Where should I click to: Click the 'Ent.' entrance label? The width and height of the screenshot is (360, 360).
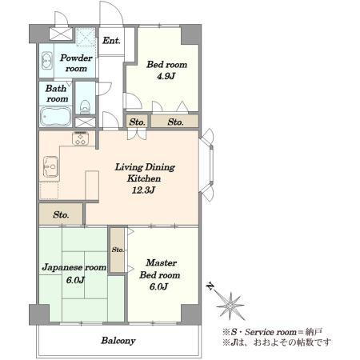[111, 41]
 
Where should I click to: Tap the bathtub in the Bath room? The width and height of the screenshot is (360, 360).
[56, 117]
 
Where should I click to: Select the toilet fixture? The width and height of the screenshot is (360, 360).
[85, 106]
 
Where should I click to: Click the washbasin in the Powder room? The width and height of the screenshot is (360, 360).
[47, 61]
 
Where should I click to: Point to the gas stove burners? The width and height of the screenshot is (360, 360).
[81, 138]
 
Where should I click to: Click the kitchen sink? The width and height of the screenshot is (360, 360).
[50, 166]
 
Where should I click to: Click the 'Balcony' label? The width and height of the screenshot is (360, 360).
[118, 341]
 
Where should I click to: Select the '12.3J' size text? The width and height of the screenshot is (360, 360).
[143, 190]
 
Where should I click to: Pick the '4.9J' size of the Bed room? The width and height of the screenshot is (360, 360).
[166, 76]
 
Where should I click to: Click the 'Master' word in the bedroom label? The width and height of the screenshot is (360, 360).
[161, 262]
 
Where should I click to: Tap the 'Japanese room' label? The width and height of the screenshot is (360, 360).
[74, 267]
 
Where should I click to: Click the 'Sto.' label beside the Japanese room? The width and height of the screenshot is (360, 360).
[118, 250]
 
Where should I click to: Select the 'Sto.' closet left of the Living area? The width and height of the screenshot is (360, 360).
[61, 214]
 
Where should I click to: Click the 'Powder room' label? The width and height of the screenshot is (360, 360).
[76, 63]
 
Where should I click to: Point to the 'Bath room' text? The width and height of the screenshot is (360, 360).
[57, 94]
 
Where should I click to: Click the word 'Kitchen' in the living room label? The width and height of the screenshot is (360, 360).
[144, 178]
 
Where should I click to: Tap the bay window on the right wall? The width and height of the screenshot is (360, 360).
[207, 165]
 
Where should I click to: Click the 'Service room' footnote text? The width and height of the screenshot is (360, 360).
[270, 332]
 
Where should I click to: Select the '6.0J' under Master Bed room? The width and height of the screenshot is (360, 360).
[158, 286]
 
